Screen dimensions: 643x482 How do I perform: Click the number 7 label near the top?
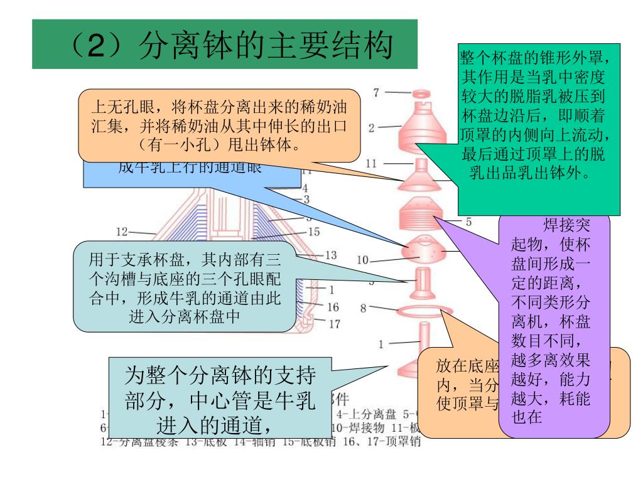376,93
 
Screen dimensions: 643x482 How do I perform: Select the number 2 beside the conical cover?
372,128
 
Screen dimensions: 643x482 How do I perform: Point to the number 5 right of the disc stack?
468,221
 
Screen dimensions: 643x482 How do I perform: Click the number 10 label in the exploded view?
364,260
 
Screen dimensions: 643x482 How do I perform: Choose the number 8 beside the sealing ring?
363,308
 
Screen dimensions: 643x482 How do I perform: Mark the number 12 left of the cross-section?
122,232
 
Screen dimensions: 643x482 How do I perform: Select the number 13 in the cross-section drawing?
330,255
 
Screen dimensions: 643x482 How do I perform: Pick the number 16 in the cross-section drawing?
333,307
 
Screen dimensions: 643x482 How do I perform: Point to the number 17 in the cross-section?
334,324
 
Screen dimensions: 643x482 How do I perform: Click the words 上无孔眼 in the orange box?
121,104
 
